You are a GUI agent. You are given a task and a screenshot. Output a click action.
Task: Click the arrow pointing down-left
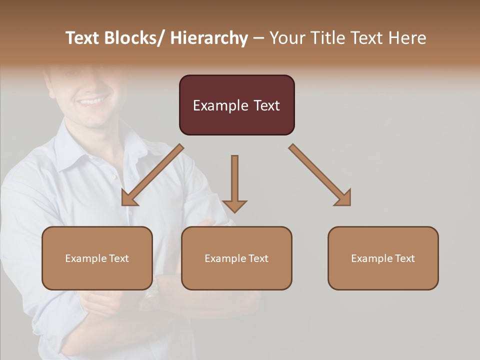pyautogui.click(x=152, y=175)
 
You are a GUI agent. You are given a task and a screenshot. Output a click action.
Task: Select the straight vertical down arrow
pyautogui.click(x=234, y=180)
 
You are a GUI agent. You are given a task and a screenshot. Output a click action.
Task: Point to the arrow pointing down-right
pyautogui.click(x=320, y=175)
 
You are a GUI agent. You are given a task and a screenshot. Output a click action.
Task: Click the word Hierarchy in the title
pyautogui.click(x=209, y=38)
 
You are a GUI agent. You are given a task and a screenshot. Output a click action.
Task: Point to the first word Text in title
pyautogui.click(x=83, y=38)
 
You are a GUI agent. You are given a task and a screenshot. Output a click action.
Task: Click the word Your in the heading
pyautogui.click(x=286, y=38)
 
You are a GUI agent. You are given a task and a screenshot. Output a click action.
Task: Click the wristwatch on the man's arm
pyautogui.click(x=150, y=295)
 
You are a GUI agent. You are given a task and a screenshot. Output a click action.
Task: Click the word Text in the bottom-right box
pyautogui.click(x=404, y=258)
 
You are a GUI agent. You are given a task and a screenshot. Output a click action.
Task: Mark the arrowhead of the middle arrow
pyautogui.click(x=234, y=205)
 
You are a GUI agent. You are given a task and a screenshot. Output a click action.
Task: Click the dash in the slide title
pyautogui.click(x=258, y=38)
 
